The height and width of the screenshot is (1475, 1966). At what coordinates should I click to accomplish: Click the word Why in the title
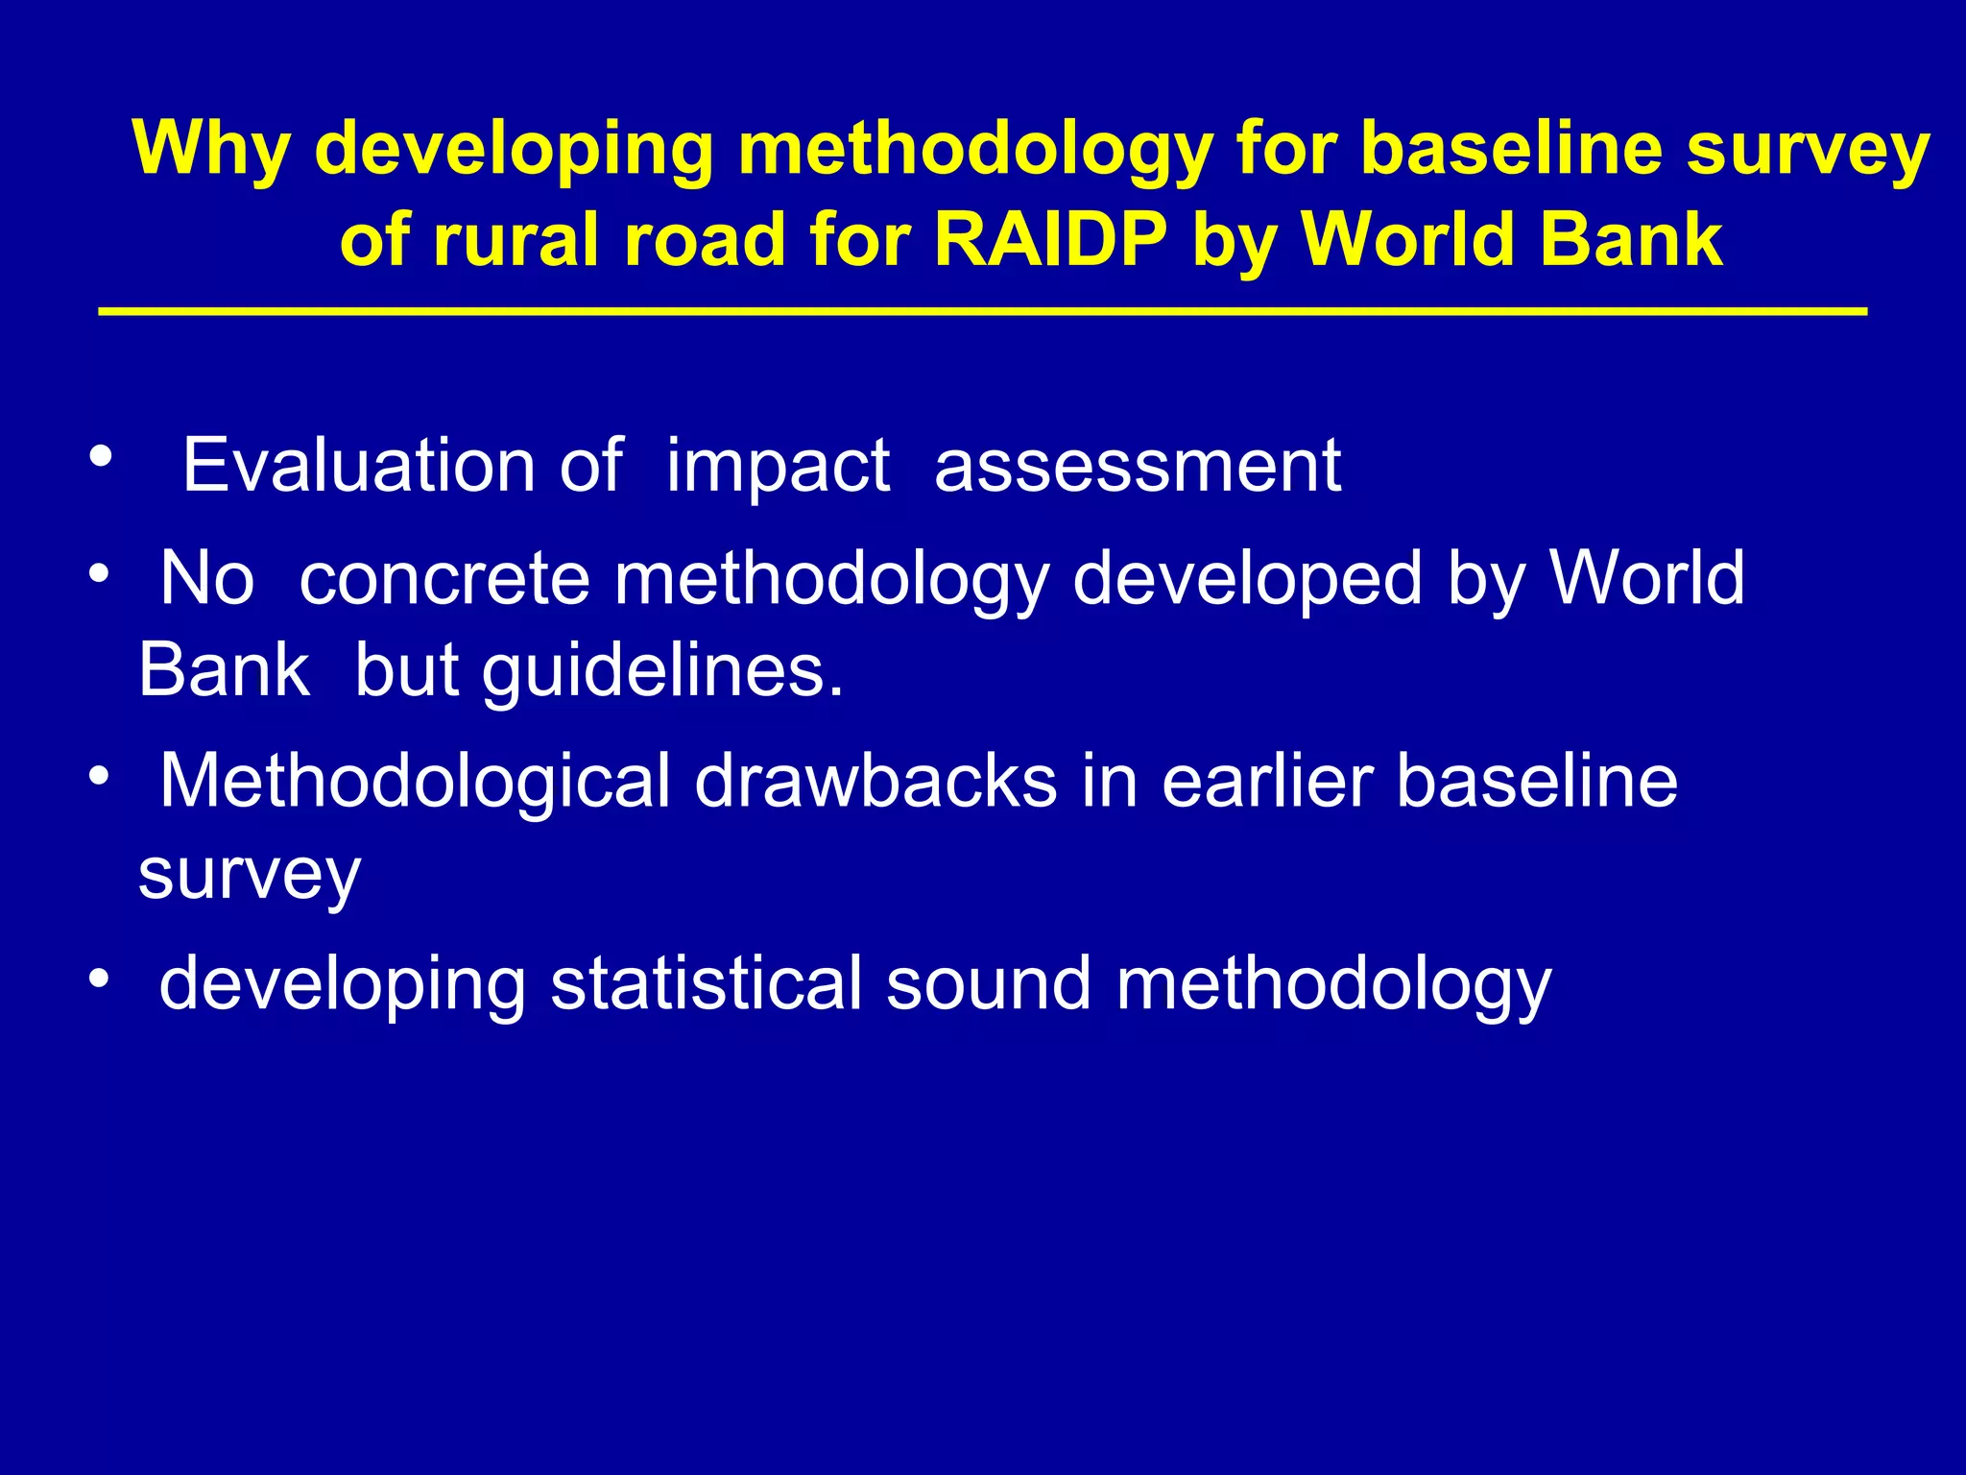(211, 149)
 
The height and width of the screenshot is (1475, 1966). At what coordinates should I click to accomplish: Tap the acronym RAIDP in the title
(1050, 239)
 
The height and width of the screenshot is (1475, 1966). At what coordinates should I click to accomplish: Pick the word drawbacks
(875, 781)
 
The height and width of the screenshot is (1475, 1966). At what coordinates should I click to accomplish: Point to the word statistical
(706, 984)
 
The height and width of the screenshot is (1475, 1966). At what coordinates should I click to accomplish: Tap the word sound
(988, 984)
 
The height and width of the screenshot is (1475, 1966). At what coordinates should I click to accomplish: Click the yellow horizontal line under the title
(982, 311)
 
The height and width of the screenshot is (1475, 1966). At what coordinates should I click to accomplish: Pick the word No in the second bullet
(207, 579)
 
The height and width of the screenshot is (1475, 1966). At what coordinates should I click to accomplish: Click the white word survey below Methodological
(249, 873)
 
